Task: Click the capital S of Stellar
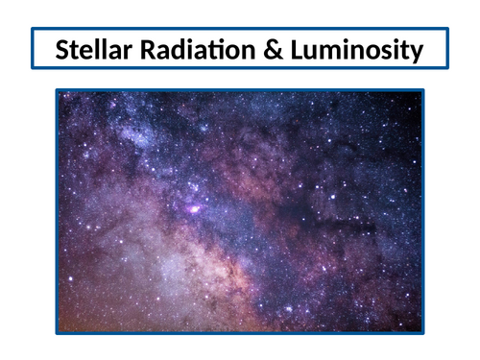pos(63,49)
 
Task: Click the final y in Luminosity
pos(416,52)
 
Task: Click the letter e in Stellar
pos(88,51)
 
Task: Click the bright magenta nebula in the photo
pos(195,208)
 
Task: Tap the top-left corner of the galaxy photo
pos(57,91)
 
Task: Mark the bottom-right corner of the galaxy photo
pos(422,332)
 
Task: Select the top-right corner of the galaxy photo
pos(422,91)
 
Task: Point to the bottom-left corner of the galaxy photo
pos(57,332)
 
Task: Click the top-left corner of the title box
pos(32,29)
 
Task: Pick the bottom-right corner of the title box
pos(447,68)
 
